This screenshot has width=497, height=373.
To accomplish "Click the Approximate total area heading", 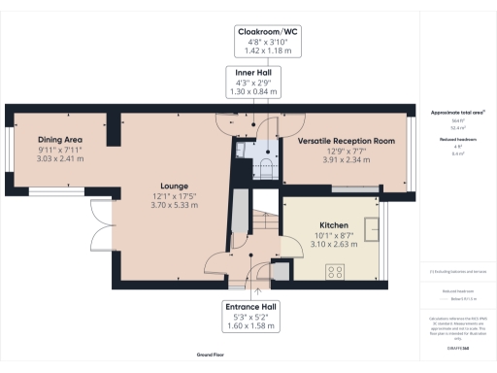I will (457, 113).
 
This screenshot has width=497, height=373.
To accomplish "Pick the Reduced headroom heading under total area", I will (457, 140).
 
